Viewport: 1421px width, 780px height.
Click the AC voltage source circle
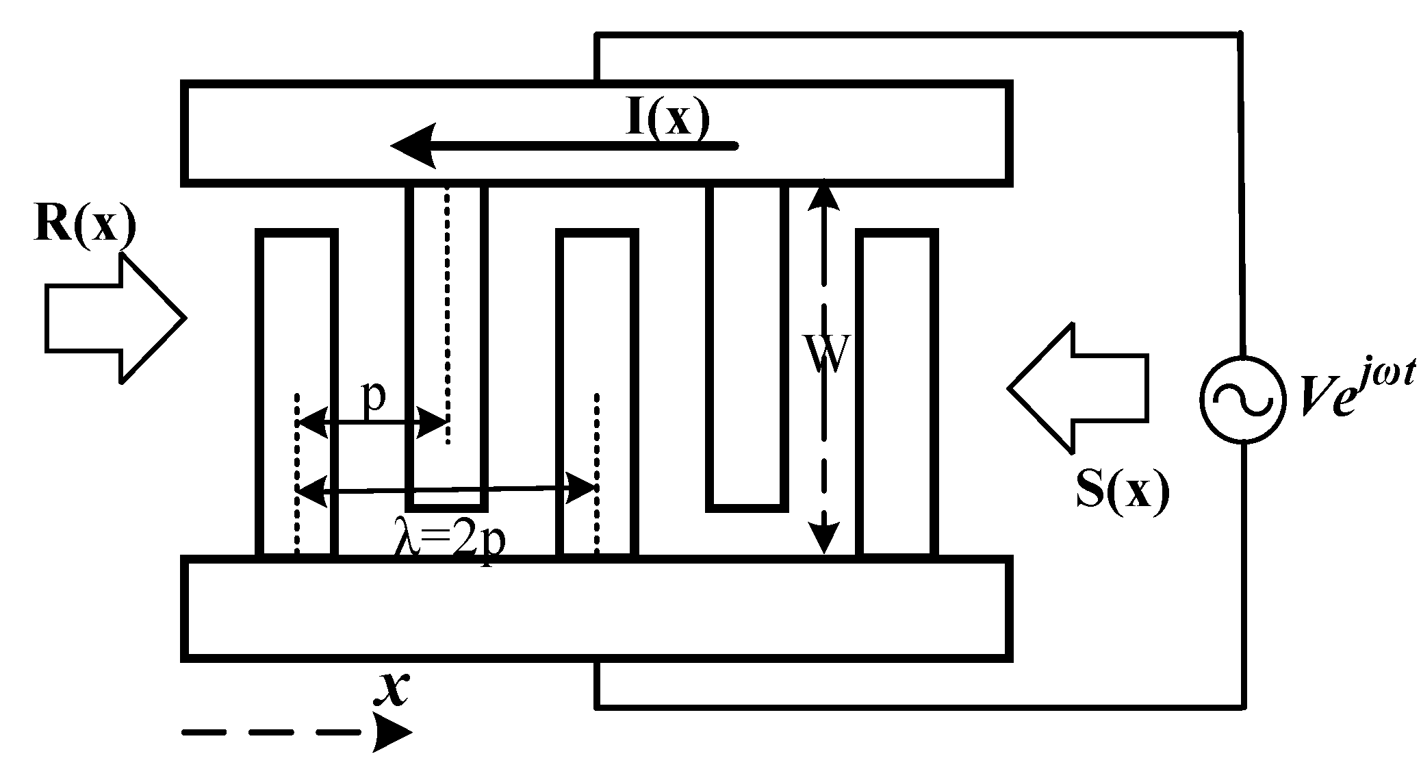coord(1242,400)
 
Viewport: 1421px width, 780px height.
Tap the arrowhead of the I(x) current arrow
coord(414,146)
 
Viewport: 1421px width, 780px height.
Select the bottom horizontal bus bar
coord(596,609)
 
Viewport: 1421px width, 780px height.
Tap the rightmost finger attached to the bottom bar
coord(896,394)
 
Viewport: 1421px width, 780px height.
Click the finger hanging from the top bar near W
coord(747,346)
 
